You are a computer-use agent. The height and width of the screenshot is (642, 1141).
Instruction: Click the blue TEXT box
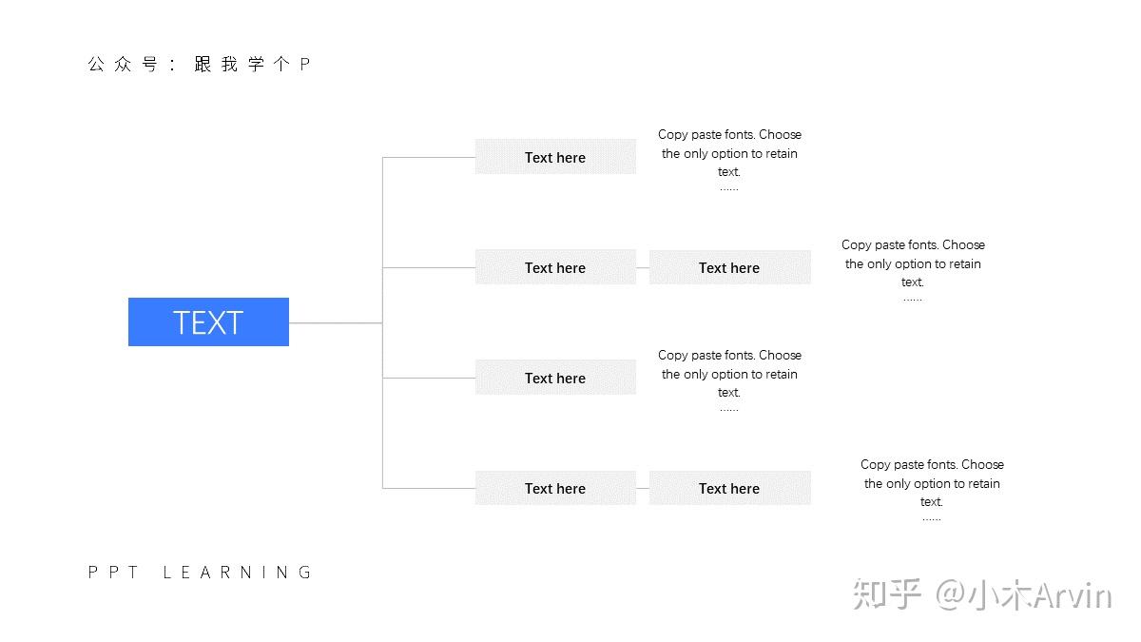tap(208, 322)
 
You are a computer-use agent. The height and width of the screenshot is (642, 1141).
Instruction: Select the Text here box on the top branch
tap(555, 157)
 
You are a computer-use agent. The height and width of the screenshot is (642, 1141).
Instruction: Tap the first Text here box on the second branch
tap(555, 267)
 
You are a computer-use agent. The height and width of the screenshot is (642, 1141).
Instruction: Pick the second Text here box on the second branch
tap(729, 267)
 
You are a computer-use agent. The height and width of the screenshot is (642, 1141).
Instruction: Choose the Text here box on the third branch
tap(555, 378)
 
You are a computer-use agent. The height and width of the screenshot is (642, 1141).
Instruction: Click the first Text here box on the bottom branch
tap(555, 488)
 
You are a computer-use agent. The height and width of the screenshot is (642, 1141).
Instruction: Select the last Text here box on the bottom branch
tap(729, 488)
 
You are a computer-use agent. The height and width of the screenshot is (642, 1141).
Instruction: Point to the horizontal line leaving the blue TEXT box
tap(336, 322)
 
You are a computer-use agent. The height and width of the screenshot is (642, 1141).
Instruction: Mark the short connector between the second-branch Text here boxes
tap(643, 267)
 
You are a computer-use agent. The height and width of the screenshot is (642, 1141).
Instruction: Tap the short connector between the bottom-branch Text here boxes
tap(643, 488)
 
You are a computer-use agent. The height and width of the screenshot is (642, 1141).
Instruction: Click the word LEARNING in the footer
tap(237, 573)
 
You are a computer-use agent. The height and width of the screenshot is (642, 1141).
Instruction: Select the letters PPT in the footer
tap(113, 573)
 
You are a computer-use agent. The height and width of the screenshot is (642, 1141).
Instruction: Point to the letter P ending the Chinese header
tap(304, 65)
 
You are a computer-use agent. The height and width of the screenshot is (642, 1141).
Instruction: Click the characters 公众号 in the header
tap(123, 65)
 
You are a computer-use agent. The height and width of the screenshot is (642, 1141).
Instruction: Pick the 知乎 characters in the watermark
tap(887, 594)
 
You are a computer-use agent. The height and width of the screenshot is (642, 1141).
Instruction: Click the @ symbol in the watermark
tap(950, 595)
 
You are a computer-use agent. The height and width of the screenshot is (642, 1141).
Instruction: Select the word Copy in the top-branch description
tap(673, 135)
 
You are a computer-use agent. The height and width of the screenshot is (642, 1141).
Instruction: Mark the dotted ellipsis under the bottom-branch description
tap(932, 519)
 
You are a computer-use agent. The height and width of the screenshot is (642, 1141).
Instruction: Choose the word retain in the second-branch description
tap(964, 264)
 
